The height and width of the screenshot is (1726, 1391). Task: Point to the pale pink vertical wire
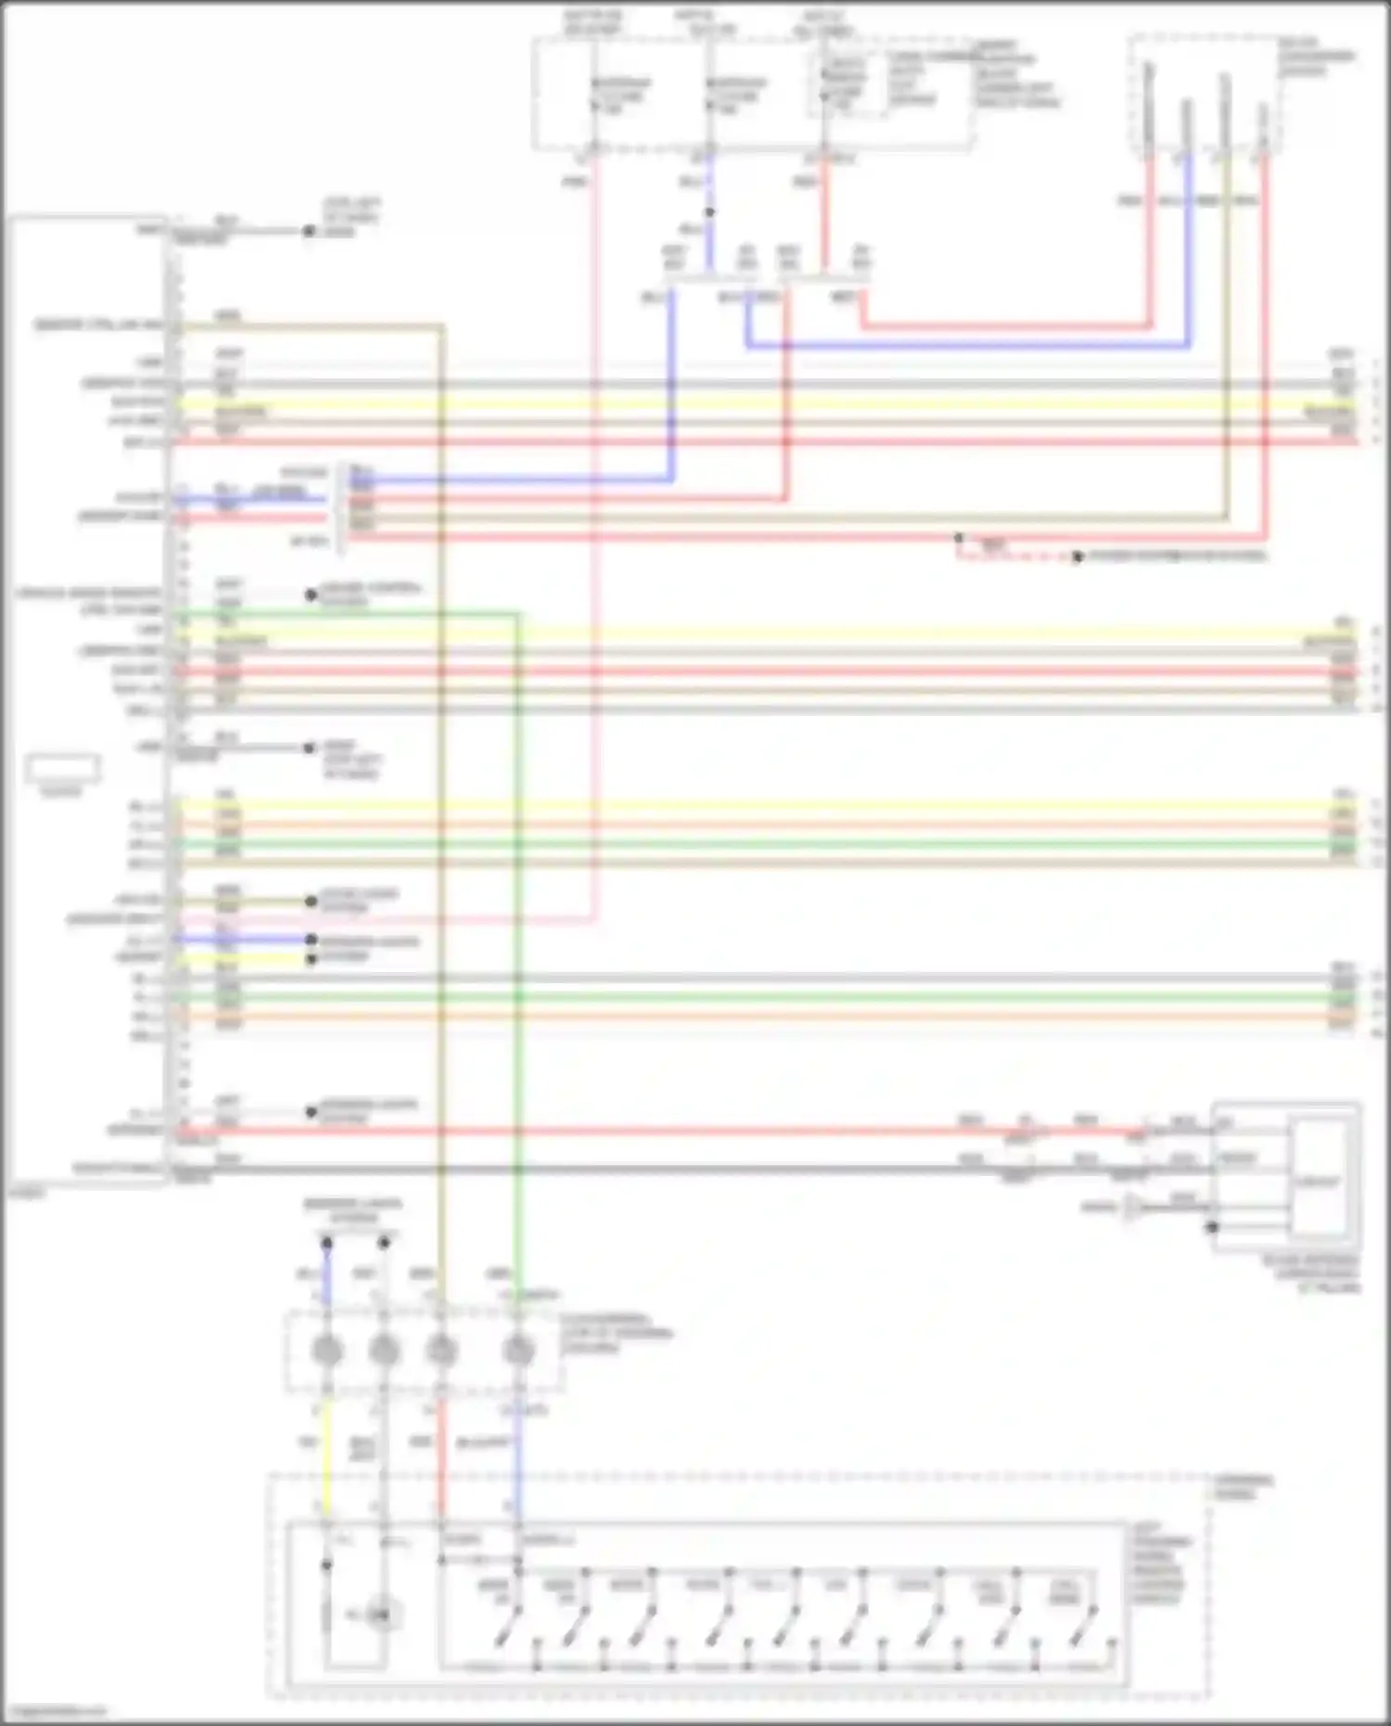click(x=594, y=556)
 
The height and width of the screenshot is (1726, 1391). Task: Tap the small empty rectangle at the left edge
click(x=62, y=769)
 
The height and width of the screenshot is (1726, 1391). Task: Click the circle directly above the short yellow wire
click(x=326, y=1350)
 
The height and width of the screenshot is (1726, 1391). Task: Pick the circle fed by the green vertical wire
click(x=518, y=1350)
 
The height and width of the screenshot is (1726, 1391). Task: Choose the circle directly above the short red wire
click(x=441, y=1350)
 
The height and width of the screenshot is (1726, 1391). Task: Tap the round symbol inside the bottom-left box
click(x=380, y=1615)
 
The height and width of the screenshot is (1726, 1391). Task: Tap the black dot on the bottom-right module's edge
click(x=1212, y=1227)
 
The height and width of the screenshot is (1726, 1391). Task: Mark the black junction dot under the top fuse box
click(x=709, y=212)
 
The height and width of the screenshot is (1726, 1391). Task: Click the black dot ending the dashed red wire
click(x=1077, y=557)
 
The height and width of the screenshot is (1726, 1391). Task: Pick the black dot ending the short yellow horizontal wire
click(x=312, y=958)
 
